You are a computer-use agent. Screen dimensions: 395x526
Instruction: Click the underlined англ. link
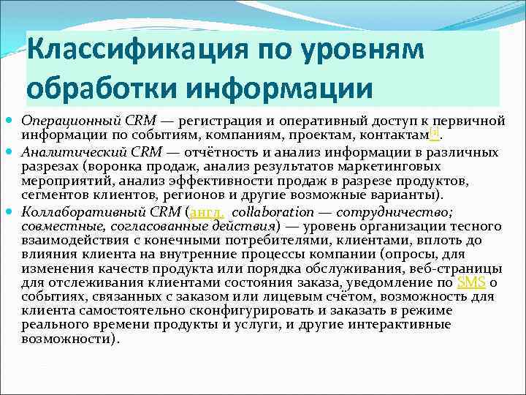(207, 212)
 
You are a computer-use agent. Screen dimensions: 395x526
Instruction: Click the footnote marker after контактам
(433, 132)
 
